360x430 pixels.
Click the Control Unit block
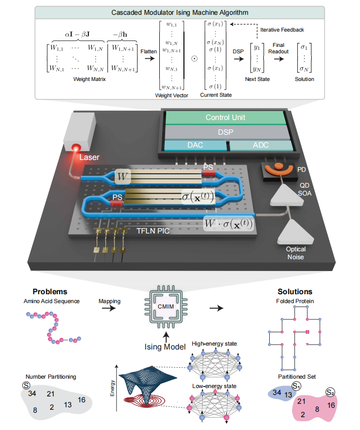pyautogui.click(x=225, y=117)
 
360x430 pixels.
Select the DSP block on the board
pyautogui.click(x=225, y=132)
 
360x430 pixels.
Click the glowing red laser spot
pyautogui.click(x=76, y=147)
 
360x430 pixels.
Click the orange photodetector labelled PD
pyautogui.click(x=279, y=168)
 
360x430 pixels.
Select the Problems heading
pyautogui.click(x=50, y=292)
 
